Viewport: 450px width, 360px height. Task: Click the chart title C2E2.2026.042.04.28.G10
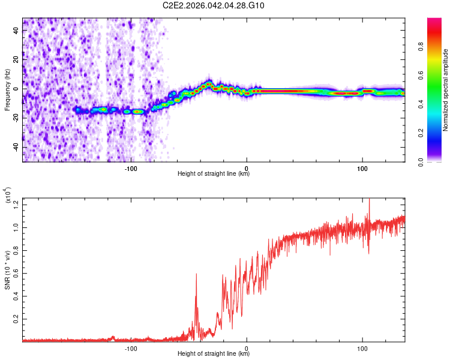[x=214, y=5]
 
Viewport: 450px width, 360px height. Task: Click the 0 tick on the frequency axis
[x=16, y=88]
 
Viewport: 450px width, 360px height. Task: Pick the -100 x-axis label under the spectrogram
[x=131, y=167]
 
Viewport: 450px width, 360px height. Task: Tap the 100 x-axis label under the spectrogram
[x=362, y=167]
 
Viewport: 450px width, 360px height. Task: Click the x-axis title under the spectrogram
[x=214, y=174]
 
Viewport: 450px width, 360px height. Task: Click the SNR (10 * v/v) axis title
[x=7, y=269]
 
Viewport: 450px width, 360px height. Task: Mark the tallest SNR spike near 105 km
[x=369, y=200]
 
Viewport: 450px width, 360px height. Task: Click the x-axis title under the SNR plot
[x=214, y=353]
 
